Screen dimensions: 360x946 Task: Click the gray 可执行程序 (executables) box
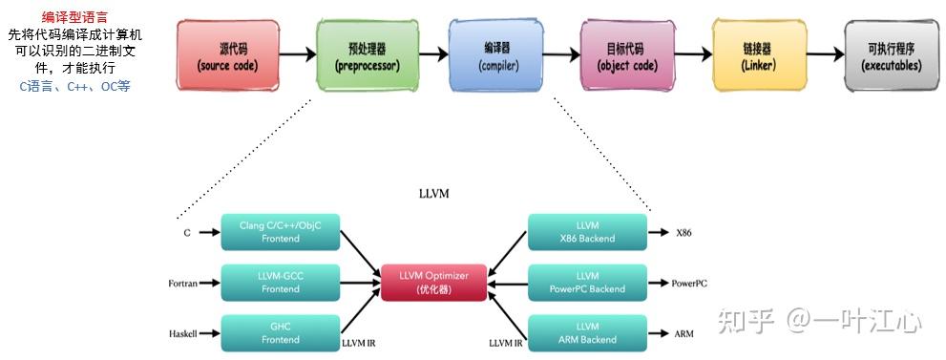[x=892, y=54]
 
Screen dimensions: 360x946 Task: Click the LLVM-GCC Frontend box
[x=280, y=283]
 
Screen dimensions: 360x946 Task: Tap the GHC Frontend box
[x=280, y=332]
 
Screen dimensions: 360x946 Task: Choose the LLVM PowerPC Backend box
[x=587, y=283]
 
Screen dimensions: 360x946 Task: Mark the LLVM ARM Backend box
[x=587, y=332]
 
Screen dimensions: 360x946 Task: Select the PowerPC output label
[x=689, y=284]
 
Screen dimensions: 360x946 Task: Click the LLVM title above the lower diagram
[x=432, y=193]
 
